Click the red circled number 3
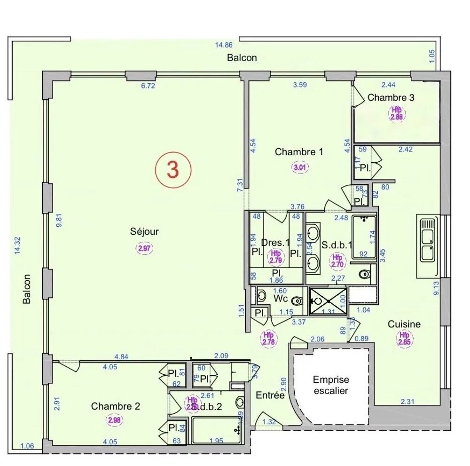tap(173, 170)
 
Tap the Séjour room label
tap(145, 231)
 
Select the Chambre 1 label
tap(299, 152)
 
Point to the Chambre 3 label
tap(391, 98)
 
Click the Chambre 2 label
tap(116, 406)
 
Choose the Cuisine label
tap(404, 324)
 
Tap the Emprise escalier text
tap(331, 385)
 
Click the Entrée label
tap(270, 395)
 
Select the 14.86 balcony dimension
tap(224, 45)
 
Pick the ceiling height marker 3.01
tap(299, 167)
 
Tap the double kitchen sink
tap(428, 246)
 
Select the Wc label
tap(280, 299)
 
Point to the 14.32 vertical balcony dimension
tap(18, 245)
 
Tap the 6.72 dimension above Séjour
tap(148, 86)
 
